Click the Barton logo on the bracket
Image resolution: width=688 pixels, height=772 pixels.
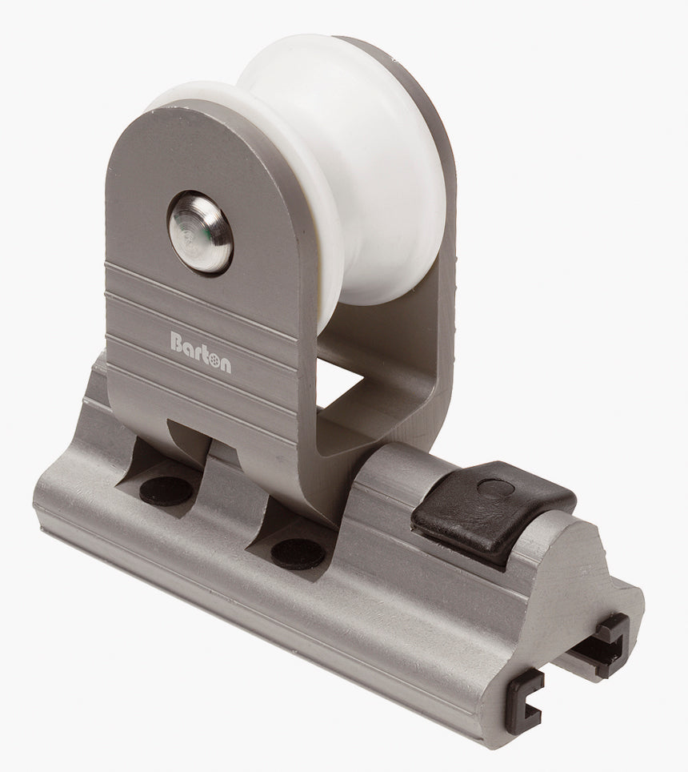click(x=201, y=343)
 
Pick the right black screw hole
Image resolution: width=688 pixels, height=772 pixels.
click(x=297, y=552)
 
